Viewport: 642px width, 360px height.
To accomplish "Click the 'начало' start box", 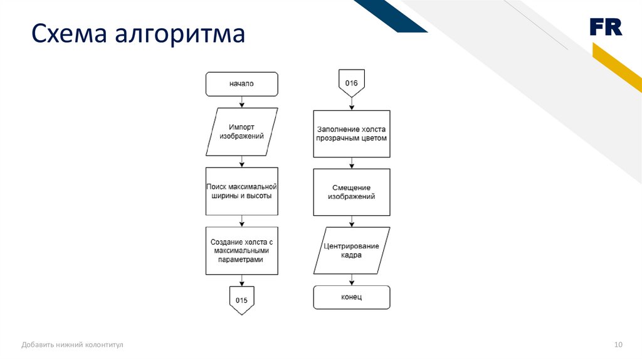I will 241,83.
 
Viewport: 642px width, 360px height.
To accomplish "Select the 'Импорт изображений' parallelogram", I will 241,132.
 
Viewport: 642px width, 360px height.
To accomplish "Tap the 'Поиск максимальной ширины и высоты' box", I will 241,191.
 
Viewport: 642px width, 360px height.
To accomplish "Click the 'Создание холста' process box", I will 241,251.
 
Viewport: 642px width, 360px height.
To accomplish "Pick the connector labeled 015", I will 241,300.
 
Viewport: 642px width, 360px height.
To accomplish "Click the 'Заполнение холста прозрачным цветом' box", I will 351,134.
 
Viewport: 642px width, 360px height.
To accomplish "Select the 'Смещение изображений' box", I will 351,192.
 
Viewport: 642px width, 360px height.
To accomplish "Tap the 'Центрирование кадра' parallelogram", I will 351,251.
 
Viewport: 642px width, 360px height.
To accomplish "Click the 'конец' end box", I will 351,297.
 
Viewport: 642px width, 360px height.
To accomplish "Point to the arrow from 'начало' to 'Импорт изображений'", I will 242,102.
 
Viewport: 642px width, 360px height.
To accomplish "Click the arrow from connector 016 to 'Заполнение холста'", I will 351,104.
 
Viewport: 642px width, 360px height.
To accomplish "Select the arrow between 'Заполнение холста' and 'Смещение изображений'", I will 351,162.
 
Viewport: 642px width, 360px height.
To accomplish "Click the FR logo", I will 605,27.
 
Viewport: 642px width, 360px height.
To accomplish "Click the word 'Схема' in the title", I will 68,34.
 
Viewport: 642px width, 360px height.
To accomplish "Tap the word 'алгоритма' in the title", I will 179,34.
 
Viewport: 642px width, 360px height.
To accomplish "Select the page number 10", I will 618,345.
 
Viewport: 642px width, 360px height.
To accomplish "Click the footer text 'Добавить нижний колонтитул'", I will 73,345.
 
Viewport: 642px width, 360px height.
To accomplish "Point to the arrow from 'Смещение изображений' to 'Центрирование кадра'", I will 351,221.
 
